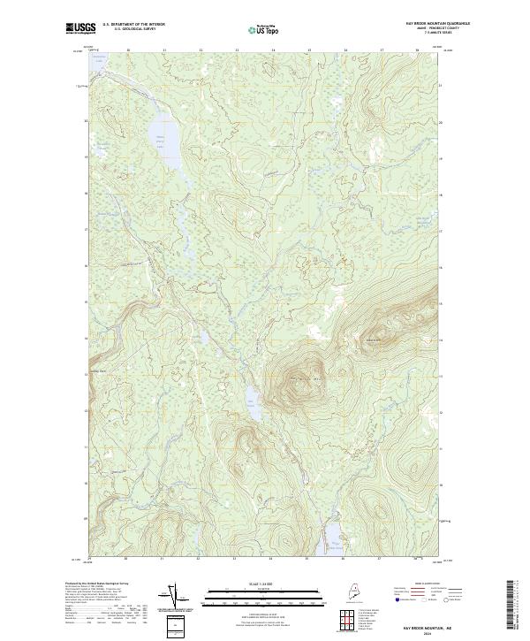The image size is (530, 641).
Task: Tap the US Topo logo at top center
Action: point(266,28)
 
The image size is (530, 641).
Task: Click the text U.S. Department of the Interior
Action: point(133,24)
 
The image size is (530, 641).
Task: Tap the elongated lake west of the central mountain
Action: point(251,404)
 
